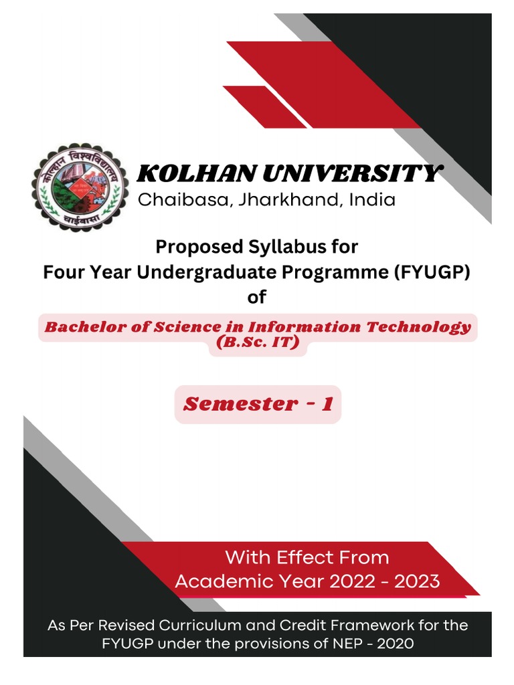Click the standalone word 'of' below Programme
pos(256,297)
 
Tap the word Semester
pos(231,404)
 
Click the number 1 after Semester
pos(327,404)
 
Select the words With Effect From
pos(307,557)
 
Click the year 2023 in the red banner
pos(417,581)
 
